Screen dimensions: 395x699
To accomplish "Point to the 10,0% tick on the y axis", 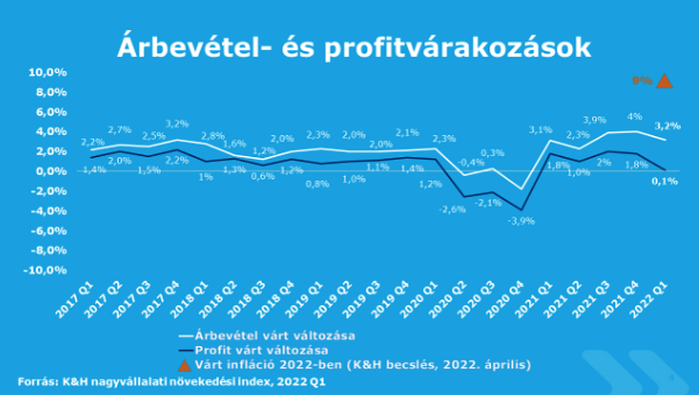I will (47, 72).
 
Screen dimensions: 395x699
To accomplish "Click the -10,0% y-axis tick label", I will (45, 270).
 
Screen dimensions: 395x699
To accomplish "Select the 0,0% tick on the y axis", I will (49, 171).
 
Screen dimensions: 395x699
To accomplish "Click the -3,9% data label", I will (520, 220).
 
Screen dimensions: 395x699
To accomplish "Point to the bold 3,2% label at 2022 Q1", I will (667, 126).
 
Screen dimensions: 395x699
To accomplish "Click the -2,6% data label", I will (452, 209).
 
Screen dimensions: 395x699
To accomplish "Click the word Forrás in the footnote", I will (37, 382).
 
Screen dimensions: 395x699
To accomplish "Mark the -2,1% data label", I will (486, 202).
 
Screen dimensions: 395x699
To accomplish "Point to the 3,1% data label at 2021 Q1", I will (540, 130).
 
